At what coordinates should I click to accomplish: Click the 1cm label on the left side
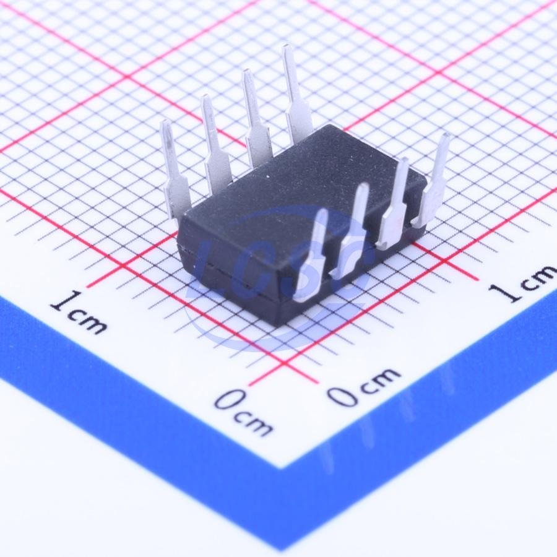pyautogui.click(x=77, y=313)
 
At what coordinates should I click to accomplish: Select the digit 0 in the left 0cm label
pyautogui.click(x=229, y=400)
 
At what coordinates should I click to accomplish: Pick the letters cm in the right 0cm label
pyautogui.click(x=380, y=381)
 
